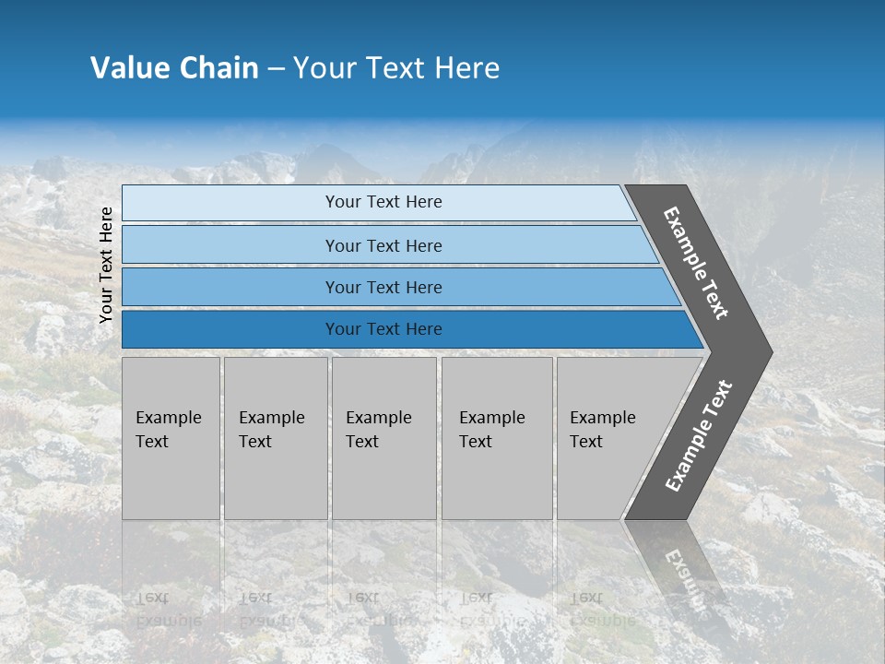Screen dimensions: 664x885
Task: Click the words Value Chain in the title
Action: click(174, 68)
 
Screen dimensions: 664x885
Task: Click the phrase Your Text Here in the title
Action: click(396, 68)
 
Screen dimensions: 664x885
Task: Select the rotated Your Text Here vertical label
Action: click(106, 265)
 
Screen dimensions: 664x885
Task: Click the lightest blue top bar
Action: click(383, 202)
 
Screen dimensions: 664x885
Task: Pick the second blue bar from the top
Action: click(383, 245)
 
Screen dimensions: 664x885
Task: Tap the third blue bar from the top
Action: click(383, 287)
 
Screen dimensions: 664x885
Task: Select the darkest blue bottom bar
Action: click(383, 329)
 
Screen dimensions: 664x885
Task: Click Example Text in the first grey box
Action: click(168, 430)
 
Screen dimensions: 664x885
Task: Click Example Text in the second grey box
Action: click(271, 430)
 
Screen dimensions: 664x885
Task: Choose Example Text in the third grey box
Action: click(378, 430)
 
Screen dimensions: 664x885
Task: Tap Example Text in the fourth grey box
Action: click(491, 430)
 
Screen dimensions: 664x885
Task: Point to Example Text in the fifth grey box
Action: click(602, 430)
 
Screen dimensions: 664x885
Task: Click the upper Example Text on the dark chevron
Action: click(696, 264)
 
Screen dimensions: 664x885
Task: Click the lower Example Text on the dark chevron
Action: click(699, 436)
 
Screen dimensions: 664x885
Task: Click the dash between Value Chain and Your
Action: click(276, 68)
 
